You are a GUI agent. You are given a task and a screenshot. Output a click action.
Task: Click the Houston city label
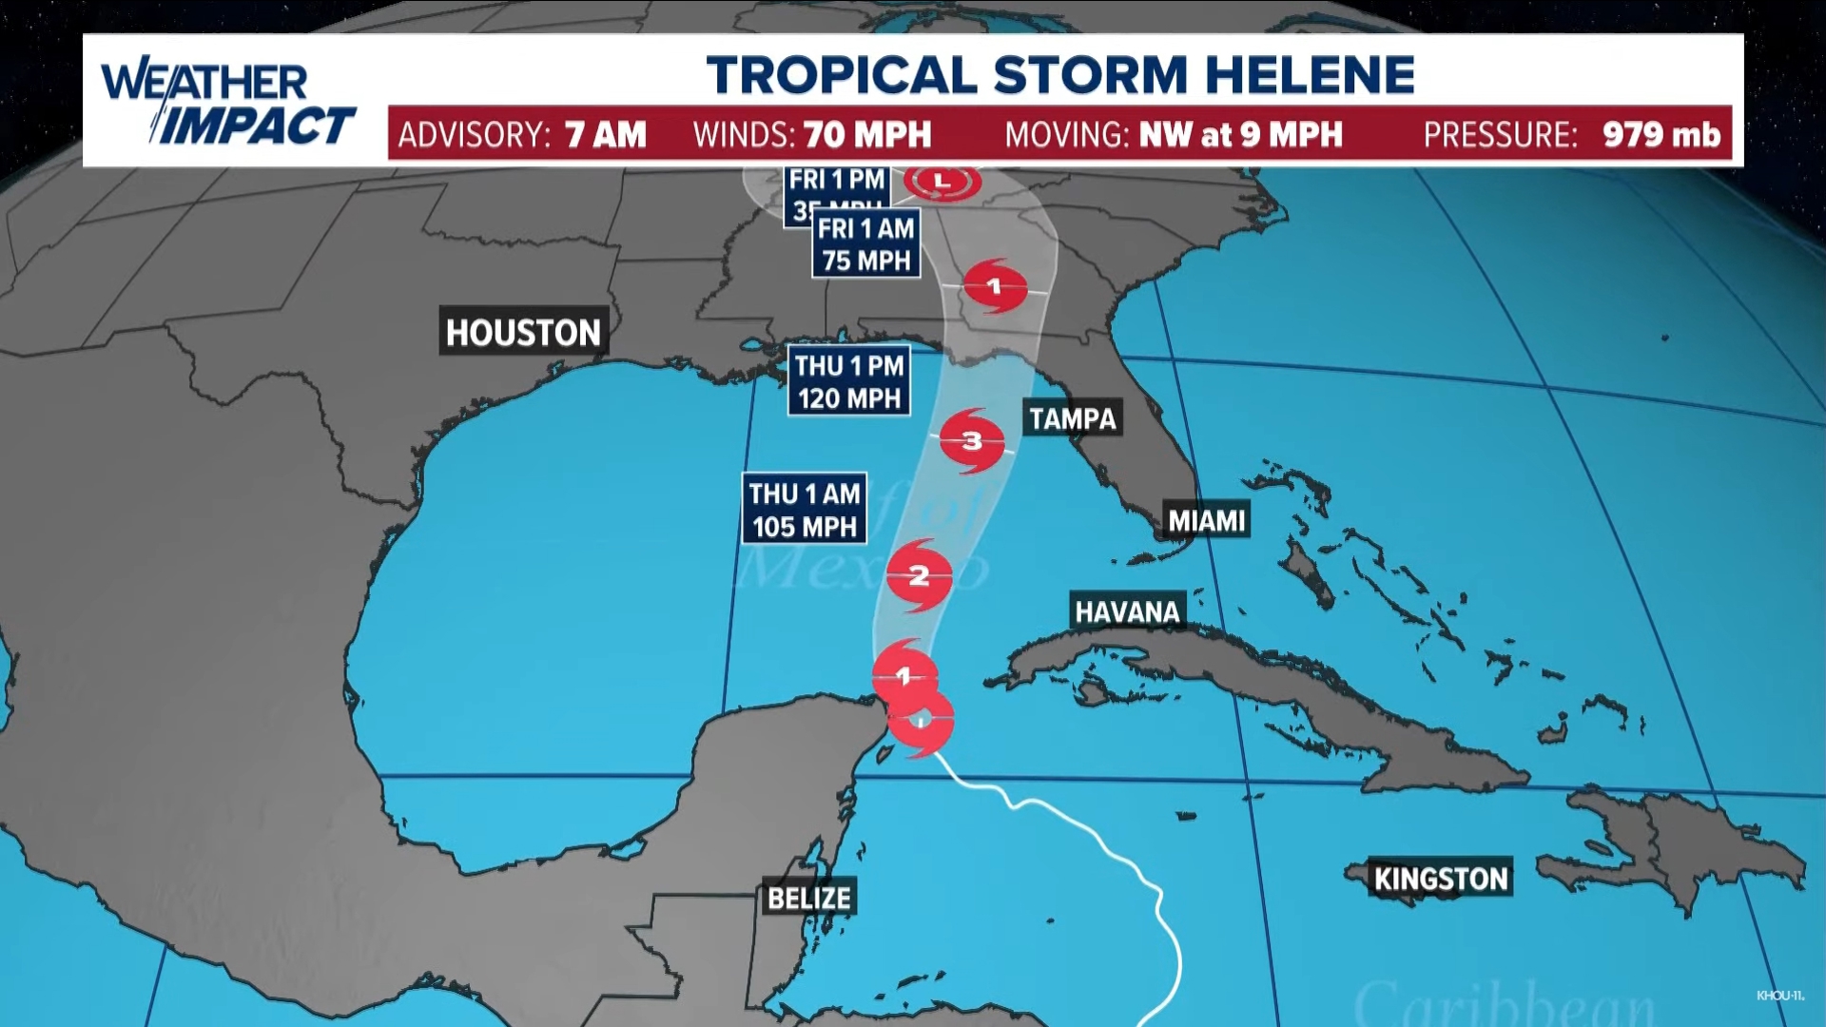tap(522, 332)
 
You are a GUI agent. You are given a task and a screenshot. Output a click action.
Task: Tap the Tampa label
tap(1072, 418)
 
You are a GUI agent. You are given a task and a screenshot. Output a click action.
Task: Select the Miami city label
tap(1206, 520)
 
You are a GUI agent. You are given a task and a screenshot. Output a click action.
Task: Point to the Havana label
tap(1127, 611)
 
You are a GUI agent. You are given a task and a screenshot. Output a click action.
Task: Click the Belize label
tap(808, 898)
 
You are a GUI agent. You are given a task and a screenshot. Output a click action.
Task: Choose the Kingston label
tap(1440, 879)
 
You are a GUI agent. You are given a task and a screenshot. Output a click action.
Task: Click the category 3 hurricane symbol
tap(972, 441)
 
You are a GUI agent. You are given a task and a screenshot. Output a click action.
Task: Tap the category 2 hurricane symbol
tap(919, 576)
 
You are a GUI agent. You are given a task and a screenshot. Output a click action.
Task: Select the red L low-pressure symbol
tap(942, 181)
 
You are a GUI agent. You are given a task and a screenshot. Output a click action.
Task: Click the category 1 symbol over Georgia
tap(995, 286)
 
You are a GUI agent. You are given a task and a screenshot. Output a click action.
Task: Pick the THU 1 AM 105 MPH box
tap(805, 509)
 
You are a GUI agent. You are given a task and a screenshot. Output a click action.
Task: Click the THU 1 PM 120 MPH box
tap(849, 380)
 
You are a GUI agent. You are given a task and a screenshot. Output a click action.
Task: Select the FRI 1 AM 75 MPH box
tap(865, 243)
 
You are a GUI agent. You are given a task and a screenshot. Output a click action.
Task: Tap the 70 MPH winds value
tap(867, 135)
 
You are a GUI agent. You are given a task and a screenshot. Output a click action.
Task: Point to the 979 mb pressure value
tap(1661, 135)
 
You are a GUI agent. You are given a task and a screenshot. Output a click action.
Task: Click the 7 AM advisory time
tap(605, 135)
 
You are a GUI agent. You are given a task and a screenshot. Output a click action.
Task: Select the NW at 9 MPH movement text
tap(1240, 135)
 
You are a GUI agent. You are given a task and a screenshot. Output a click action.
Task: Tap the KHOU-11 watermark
tap(1779, 996)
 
